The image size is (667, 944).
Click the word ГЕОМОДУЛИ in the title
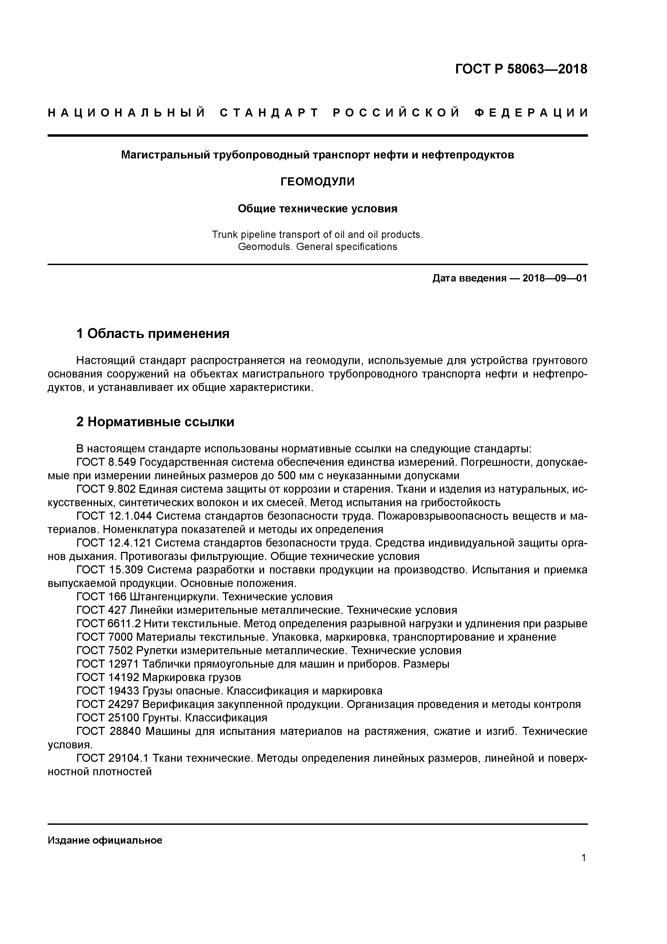pyautogui.click(x=317, y=182)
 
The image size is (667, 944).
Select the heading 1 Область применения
pyautogui.click(x=152, y=333)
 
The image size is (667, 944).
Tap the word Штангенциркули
pyautogui.click(x=175, y=597)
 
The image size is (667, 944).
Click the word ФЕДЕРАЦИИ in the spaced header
pyautogui.click(x=531, y=113)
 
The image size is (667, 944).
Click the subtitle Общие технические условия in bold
pyautogui.click(x=317, y=209)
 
